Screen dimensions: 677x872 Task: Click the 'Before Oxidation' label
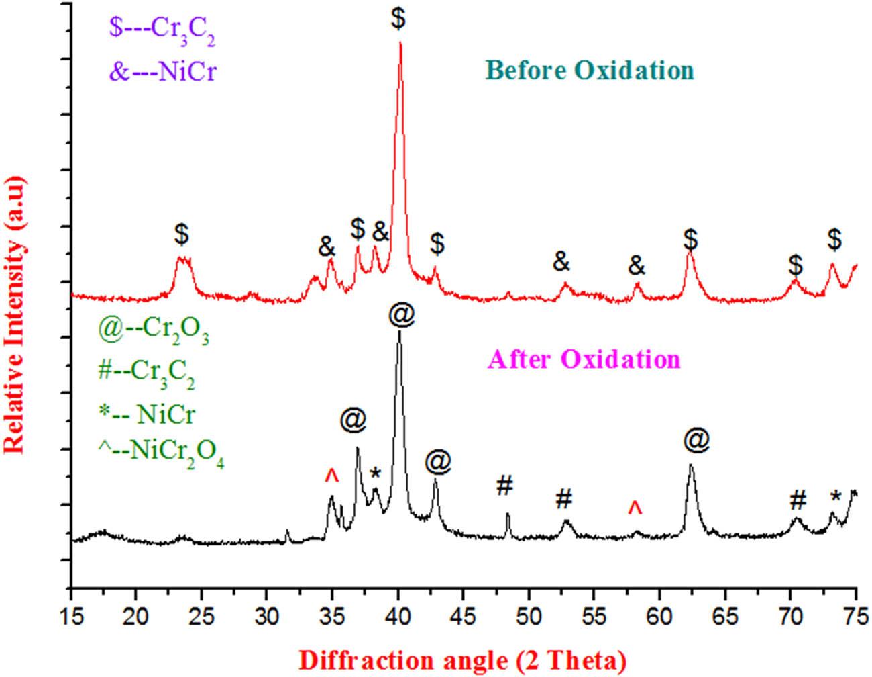pyautogui.click(x=590, y=70)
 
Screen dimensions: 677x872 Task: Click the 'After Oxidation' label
pyautogui.click(x=584, y=360)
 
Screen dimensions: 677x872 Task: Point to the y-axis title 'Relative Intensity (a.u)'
pyautogui.click(x=15, y=314)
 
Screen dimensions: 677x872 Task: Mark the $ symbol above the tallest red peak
pyautogui.click(x=398, y=18)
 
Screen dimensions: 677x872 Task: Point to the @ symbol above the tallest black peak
pyautogui.click(x=400, y=315)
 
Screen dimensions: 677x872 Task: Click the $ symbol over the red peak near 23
pyautogui.click(x=181, y=234)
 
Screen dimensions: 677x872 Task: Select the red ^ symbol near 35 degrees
pyautogui.click(x=331, y=476)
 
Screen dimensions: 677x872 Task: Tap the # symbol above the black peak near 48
pyautogui.click(x=505, y=486)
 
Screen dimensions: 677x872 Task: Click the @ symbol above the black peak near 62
pyautogui.click(x=696, y=440)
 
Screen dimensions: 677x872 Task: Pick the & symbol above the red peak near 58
pyautogui.click(x=637, y=267)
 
